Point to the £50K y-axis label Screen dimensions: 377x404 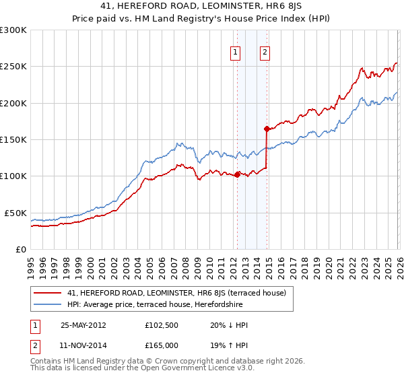click(x=15, y=213)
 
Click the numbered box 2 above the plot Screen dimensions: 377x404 click(x=265, y=53)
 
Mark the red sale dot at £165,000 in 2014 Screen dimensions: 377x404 click(x=267, y=129)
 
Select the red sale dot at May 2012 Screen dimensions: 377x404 click(x=237, y=174)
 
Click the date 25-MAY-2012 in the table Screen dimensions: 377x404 click(x=83, y=325)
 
